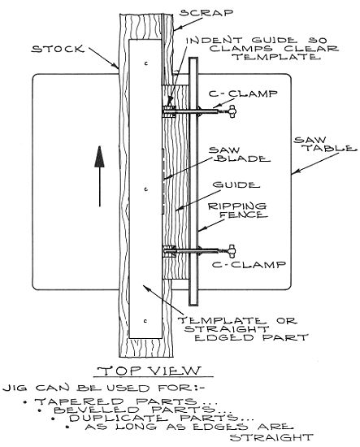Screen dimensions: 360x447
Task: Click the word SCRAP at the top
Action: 206,13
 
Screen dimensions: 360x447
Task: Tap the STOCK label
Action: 59,49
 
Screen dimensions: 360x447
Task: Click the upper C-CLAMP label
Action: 243,93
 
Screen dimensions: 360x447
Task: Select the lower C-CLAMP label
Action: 249,265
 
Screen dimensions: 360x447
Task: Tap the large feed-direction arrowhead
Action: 99,157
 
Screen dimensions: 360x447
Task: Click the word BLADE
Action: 242,158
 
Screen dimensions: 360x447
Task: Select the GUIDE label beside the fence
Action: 236,185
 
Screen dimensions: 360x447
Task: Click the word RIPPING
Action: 237,206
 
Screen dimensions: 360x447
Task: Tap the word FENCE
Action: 244,215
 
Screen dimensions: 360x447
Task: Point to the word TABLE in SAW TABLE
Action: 331,148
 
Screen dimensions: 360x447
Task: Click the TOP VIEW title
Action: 150,371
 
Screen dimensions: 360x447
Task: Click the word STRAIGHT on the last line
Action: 271,437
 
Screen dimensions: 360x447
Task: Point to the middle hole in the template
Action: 146,189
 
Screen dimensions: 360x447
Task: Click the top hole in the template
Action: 146,63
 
